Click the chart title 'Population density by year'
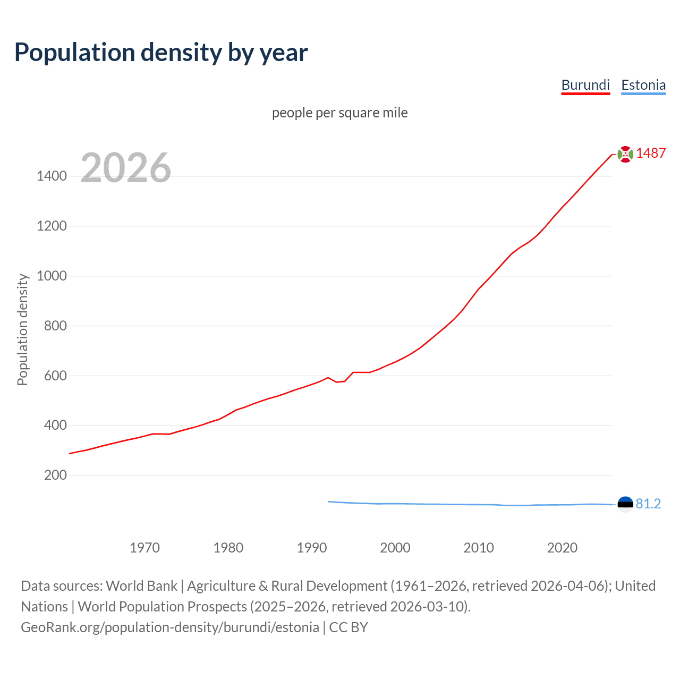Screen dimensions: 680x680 [x=161, y=52]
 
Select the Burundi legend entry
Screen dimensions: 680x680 [x=585, y=85]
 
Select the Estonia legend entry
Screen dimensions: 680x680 [x=643, y=85]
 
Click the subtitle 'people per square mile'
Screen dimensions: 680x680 [x=340, y=113]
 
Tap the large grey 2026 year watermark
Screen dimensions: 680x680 [x=126, y=168]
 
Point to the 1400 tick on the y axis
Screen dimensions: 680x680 [x=52, y=176]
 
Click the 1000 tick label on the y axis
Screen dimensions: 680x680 [x=52, y=276]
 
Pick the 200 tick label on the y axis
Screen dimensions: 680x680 [x=55, y=475]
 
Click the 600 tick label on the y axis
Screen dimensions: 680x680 [x=55, y=376]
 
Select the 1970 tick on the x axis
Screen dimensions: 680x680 [x=144, y=547]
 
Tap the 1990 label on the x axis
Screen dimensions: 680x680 [x=312, y=547]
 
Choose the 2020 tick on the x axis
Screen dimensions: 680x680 [x=562, y=547]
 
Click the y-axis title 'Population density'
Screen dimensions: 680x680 [x=22, y=329]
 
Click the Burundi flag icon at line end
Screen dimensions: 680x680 [x=625, y=154]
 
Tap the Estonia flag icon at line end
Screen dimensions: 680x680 [x=625, y=504]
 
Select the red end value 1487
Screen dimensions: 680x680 [x=651, y=153]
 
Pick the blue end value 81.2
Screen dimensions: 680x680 [x=648, y=504]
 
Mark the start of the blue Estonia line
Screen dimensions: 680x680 [x=329, y=501]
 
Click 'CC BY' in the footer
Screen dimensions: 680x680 [x=348, y=627]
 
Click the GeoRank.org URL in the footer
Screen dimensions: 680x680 [x=170, y=627]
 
